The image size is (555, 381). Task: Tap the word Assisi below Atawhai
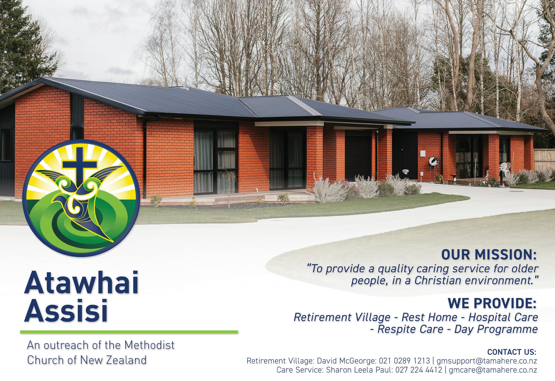[x=66, y=311]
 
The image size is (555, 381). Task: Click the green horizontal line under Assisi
[x=129, y=332]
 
